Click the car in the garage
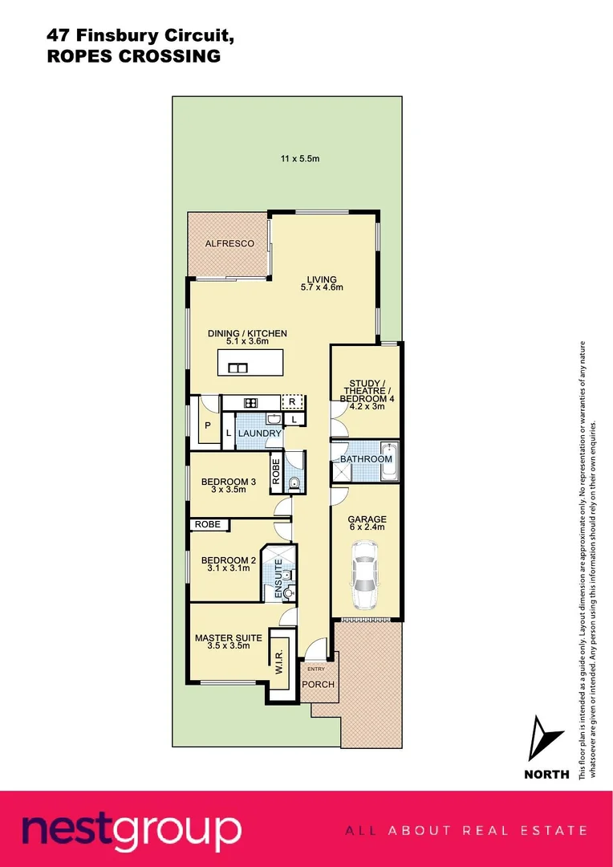pyautogui.click(x=364, y=575)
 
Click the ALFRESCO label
pyautogui.click(x=229, y=243)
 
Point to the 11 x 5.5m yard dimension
pyautogui.click(x=300, y=158)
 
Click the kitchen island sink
pyautogui.click(x=237, y=368)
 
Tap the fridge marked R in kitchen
pyautogui.click(x=292, y=402)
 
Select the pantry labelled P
pyautogui.click(x=208, y=425)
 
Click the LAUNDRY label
pyautogui.click(x=259, y=433)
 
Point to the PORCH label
pyautogui.click(x=318, y=685)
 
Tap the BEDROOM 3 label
pyautogui.click(x=228, y=482)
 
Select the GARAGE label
pyautogui.click(x=367, y=519)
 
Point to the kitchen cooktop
pyautogui.click(x=250, y=403)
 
